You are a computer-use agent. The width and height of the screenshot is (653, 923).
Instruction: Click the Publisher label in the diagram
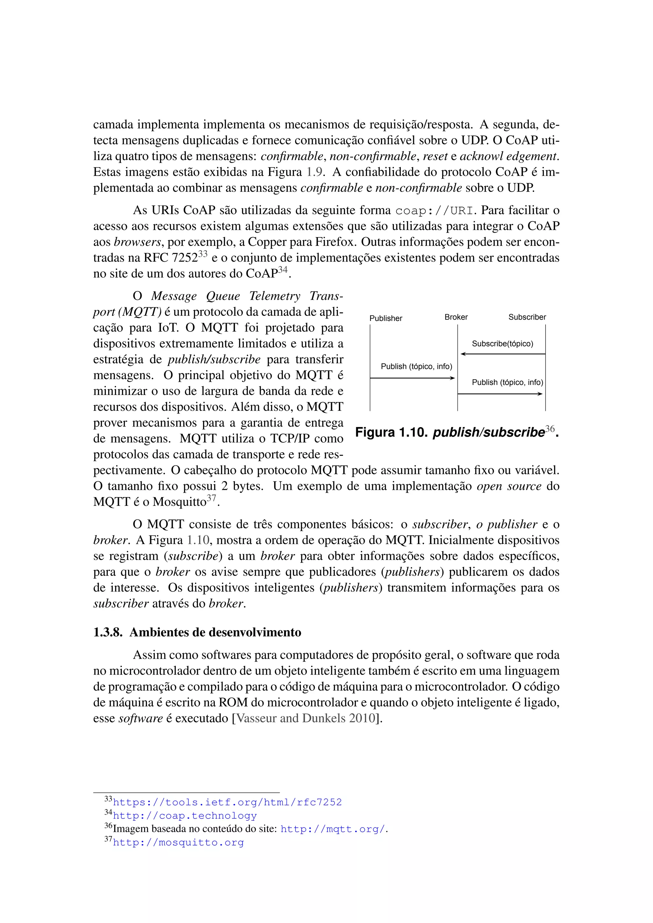pos(385,318)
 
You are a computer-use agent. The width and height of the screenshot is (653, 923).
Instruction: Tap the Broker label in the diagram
pos(456,317)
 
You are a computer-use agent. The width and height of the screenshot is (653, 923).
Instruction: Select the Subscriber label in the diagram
pos(527,317)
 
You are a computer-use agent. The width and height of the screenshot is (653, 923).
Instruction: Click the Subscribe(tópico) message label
pos(502,344)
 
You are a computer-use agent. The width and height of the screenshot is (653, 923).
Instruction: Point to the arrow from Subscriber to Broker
pos(502,354)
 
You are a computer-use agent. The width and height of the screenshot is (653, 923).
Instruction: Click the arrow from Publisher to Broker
pos(413,378)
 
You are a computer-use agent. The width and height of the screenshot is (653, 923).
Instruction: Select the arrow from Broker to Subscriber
pos(500,394)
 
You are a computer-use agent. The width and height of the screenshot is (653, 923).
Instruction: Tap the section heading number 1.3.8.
pos(107,632)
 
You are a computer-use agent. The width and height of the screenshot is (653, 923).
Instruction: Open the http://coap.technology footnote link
pos(185,816)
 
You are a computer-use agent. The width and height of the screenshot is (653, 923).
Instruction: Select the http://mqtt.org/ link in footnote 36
pos(333,829)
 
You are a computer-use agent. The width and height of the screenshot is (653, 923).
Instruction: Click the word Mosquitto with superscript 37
pos(179,502)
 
